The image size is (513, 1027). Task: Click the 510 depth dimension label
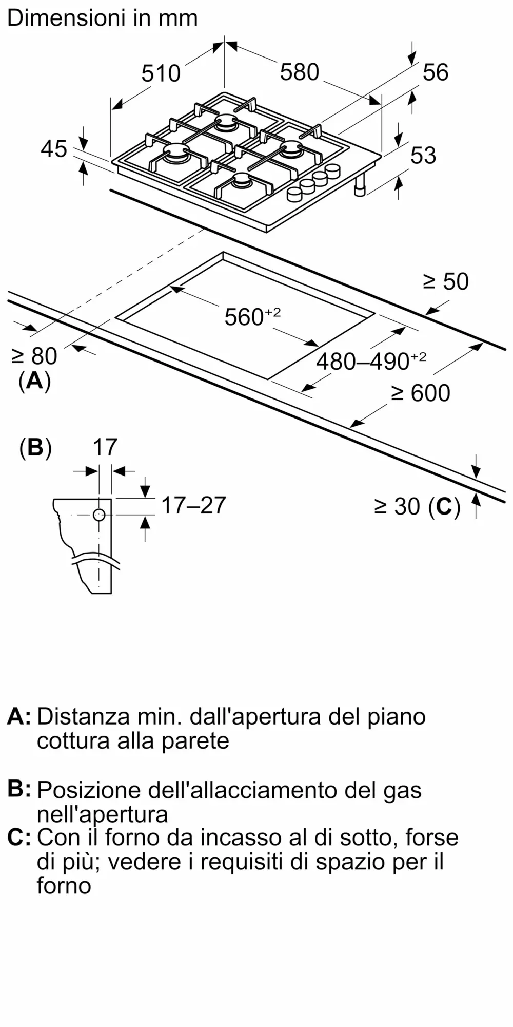click(x=161, y=73)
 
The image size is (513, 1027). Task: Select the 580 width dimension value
click(x=300, y=72)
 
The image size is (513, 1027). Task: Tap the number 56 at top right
click(x=436, y=72)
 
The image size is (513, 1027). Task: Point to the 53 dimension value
click(x=423, y=155)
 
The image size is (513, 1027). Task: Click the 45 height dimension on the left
click(x=54, y=149)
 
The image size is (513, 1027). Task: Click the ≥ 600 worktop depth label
click(x=421, y=393)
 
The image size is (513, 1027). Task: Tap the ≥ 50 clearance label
click(x=446, y=282)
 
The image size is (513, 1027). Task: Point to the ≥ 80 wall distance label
click(x=34, y=356)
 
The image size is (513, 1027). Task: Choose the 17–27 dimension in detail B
click(x=193, y=505)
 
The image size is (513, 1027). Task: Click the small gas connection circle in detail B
click(x=99, y=515)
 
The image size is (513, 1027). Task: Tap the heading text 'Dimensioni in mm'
click(x=103, y=18)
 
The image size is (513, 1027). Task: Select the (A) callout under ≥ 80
click(x=34, y=382)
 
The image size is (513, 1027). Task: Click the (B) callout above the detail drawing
click(x=35, y=448)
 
